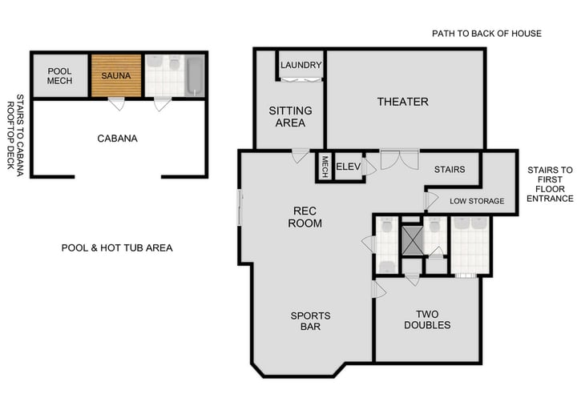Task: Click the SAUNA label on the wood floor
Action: (116, 75)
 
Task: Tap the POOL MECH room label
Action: (60, 75)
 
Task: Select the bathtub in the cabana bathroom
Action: (194, 76)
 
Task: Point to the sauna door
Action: (117, 104)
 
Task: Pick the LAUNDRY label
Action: (301, 65)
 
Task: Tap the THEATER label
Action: (402, 102)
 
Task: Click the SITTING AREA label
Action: (290, 116)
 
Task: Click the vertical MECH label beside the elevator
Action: (325, 167)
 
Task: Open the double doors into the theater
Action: (398, 159)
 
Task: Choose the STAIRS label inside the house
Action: (449, 170)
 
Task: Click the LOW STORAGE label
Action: (476, 201)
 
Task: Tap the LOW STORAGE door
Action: (430, 199)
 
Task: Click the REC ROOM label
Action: (305, 217)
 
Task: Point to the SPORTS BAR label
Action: (310, 322)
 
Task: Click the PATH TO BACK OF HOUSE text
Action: (486, 34)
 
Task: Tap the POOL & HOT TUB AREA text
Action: (117, 247)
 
